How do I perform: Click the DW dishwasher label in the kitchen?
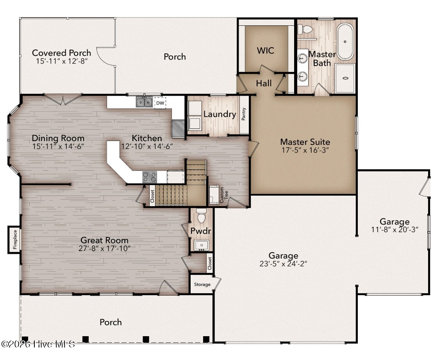pyautogui.click(x=160, y=103)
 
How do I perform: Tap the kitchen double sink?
pyautogui.click(x=144, y=102)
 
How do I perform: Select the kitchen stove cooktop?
pyautogui.click(x=150, y=177)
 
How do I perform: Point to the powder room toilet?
pyautogui.click(x=201, y=216)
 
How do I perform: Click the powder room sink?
pyautogui.click(x=202, y=245)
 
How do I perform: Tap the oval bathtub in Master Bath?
pyautogui.click(x=345, y=42)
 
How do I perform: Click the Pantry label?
pyautogui.click(x=244, y=114)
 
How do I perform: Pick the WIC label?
pyautogui.click(x=266, y=51)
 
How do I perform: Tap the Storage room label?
pyautogui.click(x=202, y=284)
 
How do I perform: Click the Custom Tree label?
pyautogui.click(x=224, y=195)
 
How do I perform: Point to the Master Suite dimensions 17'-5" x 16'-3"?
pyautogui.click(x=305, y=150)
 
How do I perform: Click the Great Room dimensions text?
pyautogui.click(x=104, y=248)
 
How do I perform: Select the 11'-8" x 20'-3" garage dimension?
pyautogui.click(x=395, y=230)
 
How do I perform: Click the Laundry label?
pyautogui.click(x=220, y=114)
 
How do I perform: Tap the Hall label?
pyautogui.click(x=264, y=83)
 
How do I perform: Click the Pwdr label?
pyautogui.click(x=200, y=231)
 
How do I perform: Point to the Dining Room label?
pyautogui.click(x=58, y=138)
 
